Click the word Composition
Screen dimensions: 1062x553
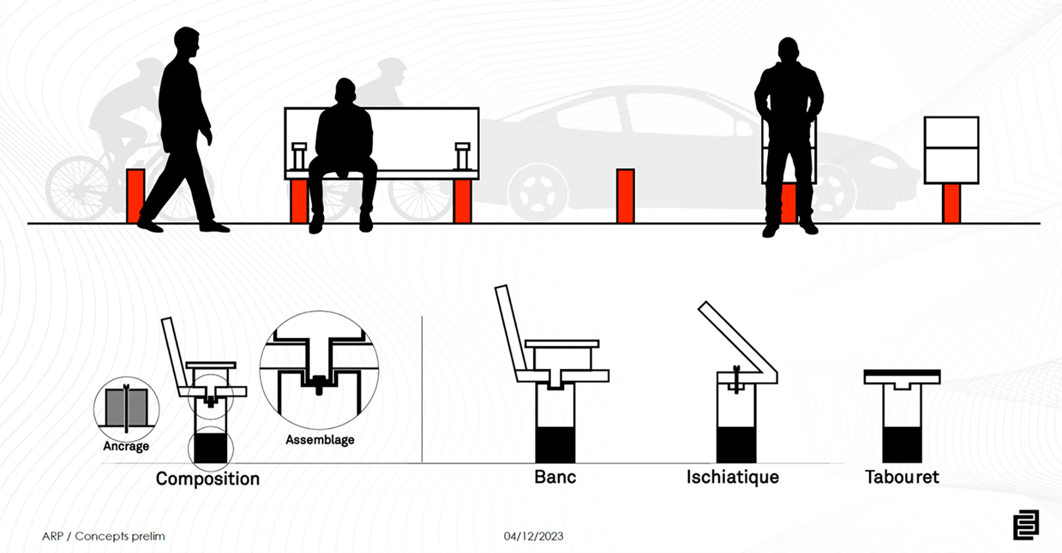(x=208, y=479)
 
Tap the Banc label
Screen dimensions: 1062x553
(x=555, y=477)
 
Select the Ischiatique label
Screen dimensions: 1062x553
(x=733, y=477)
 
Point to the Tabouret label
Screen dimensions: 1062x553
(x=902, y=477)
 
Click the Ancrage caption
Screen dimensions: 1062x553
(x=126, y=446)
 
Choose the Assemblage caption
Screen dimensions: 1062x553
(x=320, y=440)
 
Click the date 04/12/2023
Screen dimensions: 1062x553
(x=534, y=536)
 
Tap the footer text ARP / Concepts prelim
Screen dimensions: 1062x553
(x=104, y=536)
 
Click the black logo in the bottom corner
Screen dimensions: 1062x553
(x=1026, y=525)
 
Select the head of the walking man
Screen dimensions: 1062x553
(x=187, y=42)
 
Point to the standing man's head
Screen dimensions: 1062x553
(x=788, y=50)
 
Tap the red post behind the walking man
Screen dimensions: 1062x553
(x=135, y=196)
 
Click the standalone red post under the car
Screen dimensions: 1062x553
(x=625, y=196)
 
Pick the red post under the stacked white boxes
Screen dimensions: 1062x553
(x=951, y=203)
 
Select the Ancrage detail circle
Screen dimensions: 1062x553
(x=126, y=409)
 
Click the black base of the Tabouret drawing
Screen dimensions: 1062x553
(x=902, y=445)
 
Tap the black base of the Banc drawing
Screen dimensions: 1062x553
(x=555, y=445)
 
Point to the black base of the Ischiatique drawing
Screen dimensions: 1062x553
(x=737, y=445)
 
